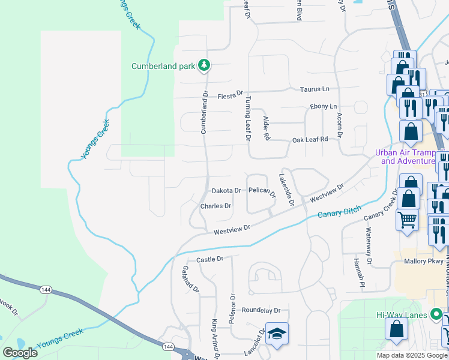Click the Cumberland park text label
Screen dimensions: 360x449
click(163, 65)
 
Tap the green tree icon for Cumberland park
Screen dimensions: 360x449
click(204, 65)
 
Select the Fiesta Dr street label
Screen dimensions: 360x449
click(230, 95)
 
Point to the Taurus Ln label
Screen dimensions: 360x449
click(315, 89)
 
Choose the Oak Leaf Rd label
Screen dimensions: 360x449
click(310, 139)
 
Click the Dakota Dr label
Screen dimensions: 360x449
click(226, 190)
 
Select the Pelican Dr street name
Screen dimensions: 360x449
click(262, 191)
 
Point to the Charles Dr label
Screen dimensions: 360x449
click(215, 206)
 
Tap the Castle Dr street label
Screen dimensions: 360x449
click(210, 259)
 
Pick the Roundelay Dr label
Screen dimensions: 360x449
click(261, 310)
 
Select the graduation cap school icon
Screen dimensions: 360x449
click(277, 334)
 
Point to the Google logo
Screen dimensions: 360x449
click(20, 352)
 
